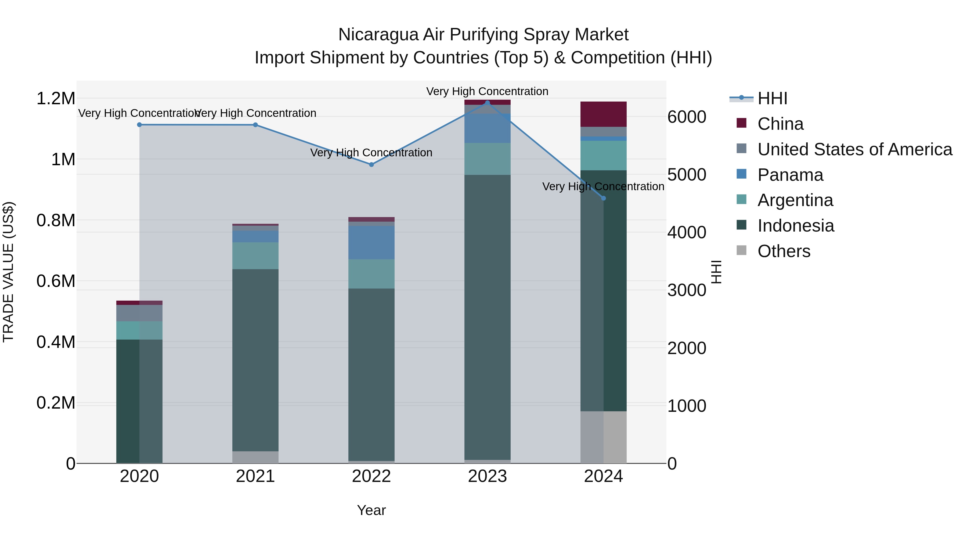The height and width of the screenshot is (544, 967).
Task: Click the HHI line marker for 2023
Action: coord(487,103)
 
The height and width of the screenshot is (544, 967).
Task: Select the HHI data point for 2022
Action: coord(371,164)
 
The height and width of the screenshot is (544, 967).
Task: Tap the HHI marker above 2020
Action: coord(139,125)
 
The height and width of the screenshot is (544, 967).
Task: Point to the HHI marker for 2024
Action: coord(604,198)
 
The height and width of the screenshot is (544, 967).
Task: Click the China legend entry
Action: coord(780,124)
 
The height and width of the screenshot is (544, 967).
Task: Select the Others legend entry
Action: coord(784,251)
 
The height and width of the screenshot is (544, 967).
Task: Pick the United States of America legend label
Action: coord(854,149)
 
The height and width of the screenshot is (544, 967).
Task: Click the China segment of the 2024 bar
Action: coord(603,114)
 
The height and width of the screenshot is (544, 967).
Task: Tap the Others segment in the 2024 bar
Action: coord(603,437)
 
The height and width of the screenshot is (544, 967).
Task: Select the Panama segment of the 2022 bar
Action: coord(371,243)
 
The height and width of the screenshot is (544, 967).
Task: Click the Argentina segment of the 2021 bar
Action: coord(255,256)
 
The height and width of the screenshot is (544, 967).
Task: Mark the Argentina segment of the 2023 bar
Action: coord(487,159)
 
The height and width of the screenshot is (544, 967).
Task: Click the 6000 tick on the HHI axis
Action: coord(687,117)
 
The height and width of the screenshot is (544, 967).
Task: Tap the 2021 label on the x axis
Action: coord(255,476)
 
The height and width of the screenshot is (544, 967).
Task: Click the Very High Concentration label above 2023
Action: coord(487,92)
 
